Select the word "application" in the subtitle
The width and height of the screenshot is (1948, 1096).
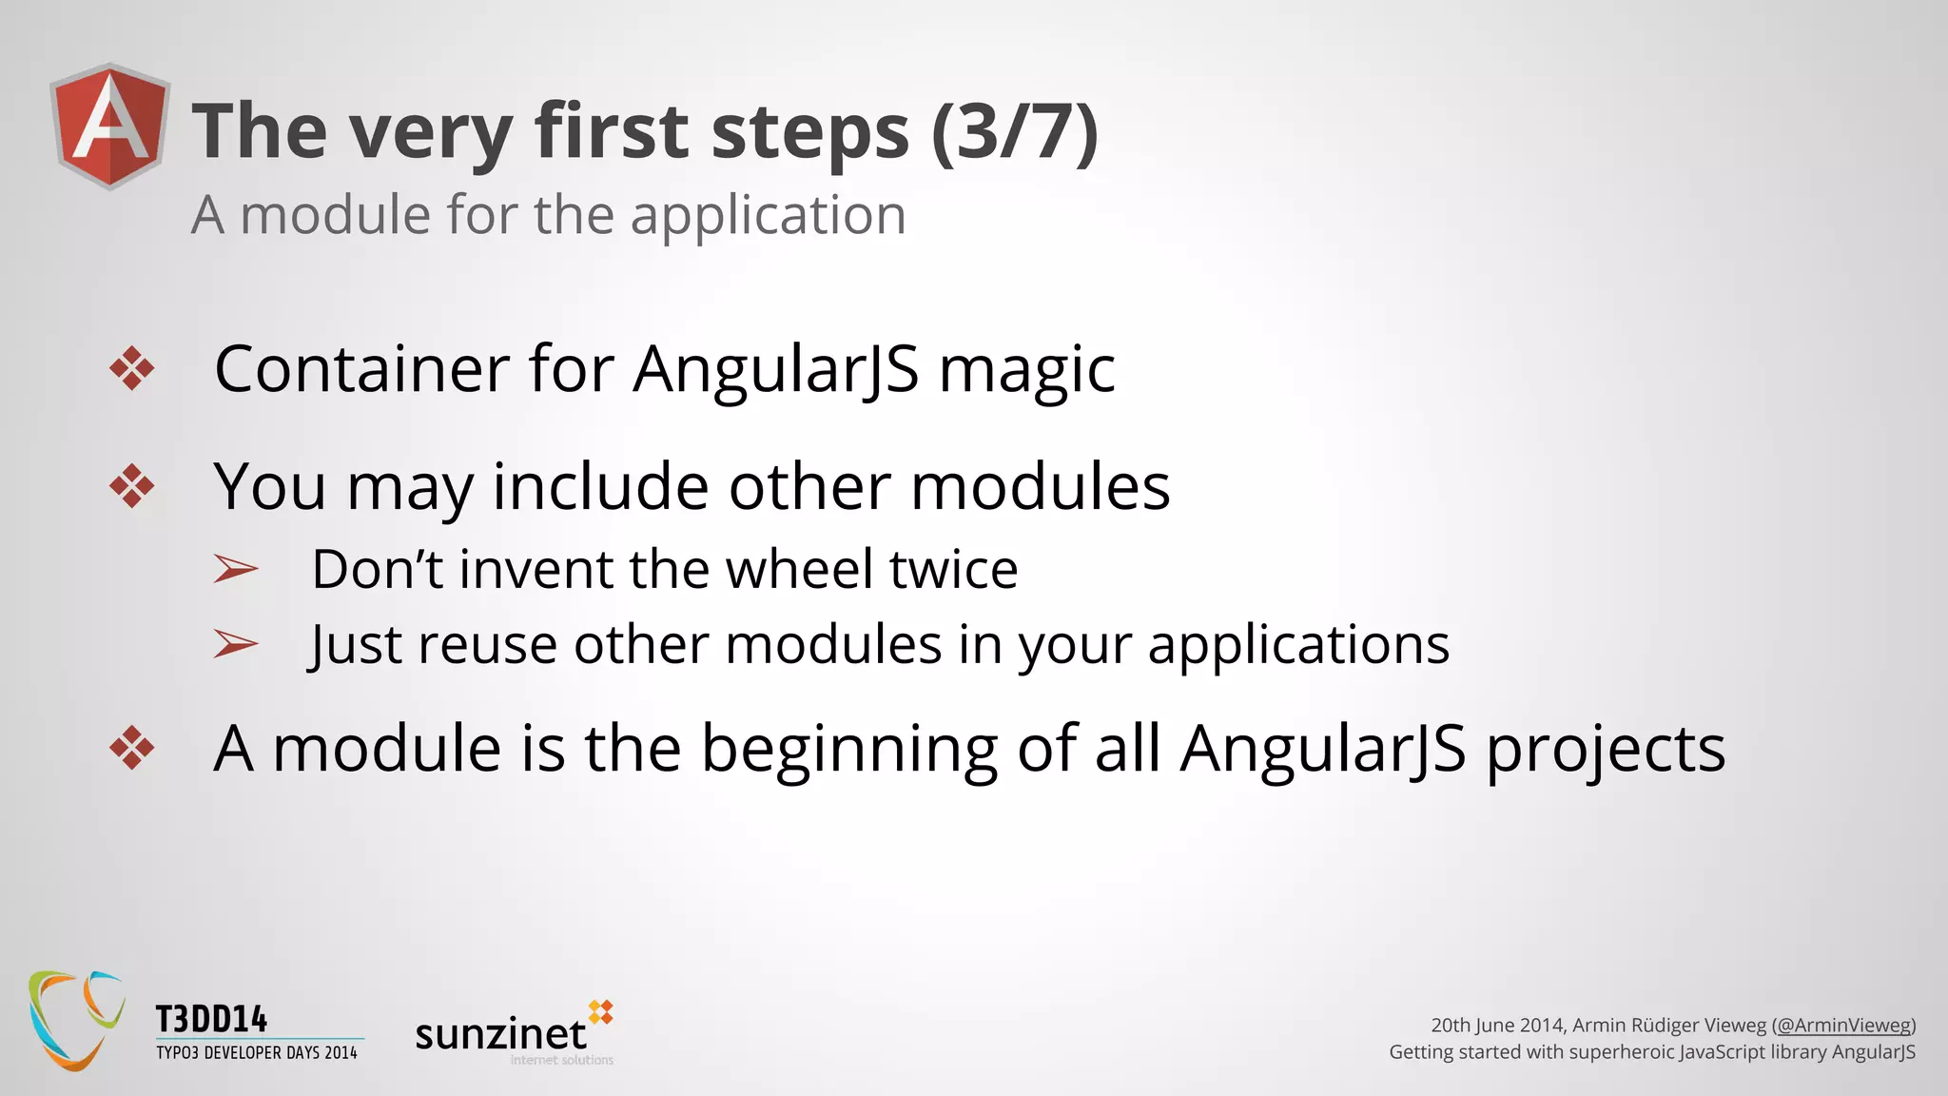pos(768,215)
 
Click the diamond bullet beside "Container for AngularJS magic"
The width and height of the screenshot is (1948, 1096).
pos(131,369)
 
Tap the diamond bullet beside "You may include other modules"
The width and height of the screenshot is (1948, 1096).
pos(131,486)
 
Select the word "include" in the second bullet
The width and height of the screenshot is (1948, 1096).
pos(600,486)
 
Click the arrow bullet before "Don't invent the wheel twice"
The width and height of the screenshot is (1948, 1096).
pos(235,569)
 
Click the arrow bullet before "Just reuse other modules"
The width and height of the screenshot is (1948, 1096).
pos(235,644)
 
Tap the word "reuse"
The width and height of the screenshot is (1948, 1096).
pos(487,644)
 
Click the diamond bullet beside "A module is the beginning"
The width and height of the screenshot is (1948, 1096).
pos(131,748)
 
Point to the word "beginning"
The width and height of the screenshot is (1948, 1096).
pos(849,750)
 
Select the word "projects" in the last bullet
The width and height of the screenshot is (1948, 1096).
pos(1606,750)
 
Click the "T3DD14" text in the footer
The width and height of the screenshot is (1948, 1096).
pos(211,1020)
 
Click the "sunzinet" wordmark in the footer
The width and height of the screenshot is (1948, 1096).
pos(501,1034)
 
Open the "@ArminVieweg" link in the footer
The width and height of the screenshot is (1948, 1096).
pos(1843,1025)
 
